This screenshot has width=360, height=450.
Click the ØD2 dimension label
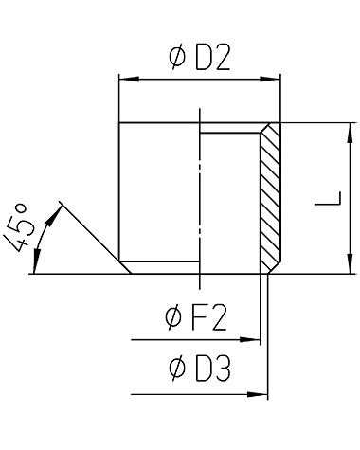click(199, 58)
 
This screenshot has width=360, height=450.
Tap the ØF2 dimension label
click(196, 318)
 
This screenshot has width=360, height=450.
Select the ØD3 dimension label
click(200, 369)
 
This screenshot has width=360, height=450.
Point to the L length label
click(329, 199)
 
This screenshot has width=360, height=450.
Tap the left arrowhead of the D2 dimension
click(129, 80)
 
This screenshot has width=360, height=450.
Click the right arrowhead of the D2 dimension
click(270, 80)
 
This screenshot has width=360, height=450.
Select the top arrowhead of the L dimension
click(350, 133)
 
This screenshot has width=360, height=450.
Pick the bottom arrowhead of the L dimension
click(350, 263)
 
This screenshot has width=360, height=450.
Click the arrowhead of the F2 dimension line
click(250, 340)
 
